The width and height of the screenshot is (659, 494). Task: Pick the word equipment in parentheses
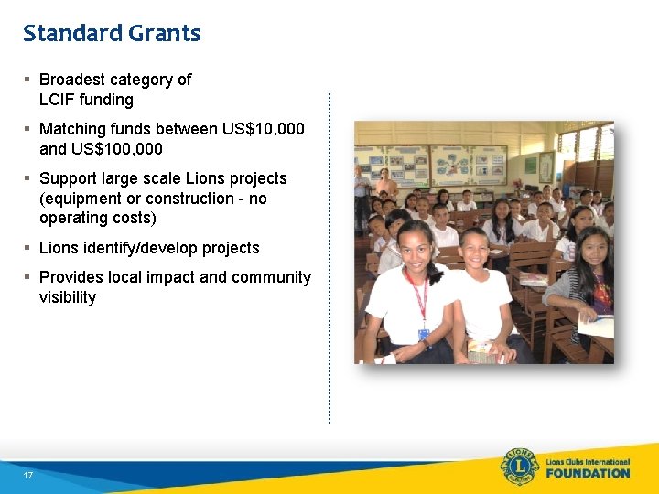point(81,199)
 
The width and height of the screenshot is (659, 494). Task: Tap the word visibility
point(67,297)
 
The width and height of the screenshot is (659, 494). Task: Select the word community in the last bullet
point(273,277)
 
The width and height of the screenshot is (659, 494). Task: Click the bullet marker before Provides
point(28,277)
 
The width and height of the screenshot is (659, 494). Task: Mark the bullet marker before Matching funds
point(28,129)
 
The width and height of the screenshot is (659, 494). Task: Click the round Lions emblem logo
point(519,467)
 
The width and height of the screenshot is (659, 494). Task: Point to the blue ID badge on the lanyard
point(424,335)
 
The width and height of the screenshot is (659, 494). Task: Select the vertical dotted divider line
point(329,256)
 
